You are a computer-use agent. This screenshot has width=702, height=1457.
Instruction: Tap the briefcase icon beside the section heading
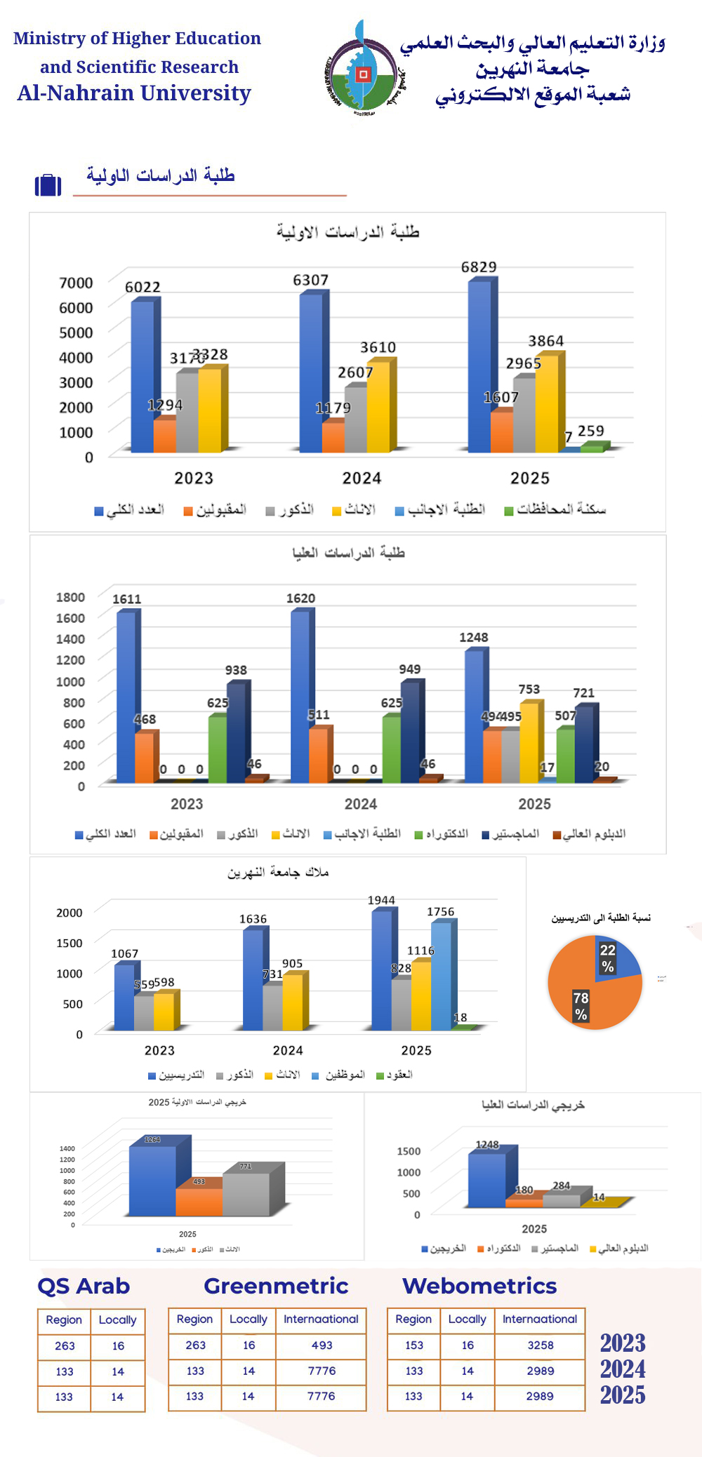tap(48, 184)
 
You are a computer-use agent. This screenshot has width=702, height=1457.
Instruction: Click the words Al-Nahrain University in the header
tap(134, 93)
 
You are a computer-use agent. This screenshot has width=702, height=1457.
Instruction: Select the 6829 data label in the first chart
tap(479, 267)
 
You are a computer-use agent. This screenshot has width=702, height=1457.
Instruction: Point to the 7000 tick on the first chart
tap(76, 283)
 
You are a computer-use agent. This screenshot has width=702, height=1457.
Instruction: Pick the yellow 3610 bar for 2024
tap(378, 407)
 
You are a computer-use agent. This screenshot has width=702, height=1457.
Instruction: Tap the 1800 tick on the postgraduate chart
tap(70, 597)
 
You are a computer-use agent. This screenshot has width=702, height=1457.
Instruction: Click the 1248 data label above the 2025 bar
tap(474, 637)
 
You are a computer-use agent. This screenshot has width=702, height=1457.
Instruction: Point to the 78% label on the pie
tap(581, 1006)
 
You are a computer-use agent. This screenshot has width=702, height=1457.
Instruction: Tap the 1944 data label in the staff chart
tap(381, 900)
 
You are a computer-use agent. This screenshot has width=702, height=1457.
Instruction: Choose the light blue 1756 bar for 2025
tap(441, 976)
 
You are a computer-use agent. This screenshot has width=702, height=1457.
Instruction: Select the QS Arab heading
tap(84, 1286)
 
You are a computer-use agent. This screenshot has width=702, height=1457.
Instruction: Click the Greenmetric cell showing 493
tap(322, 1345)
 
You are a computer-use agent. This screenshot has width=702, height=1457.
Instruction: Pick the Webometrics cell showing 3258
tap(541, 1345)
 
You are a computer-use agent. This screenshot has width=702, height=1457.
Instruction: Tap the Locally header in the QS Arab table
tap(117, 1320)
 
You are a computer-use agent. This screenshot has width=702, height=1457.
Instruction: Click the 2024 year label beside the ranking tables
tap(623, 1369)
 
